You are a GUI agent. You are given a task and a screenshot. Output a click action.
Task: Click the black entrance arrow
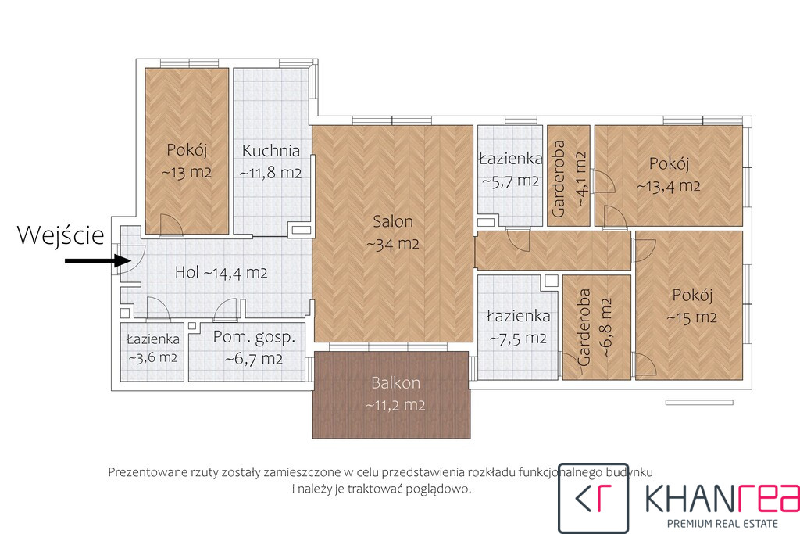[98, 261]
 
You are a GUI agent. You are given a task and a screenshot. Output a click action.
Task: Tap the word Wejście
[61, 235]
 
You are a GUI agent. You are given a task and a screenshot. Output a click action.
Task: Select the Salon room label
[393, 221]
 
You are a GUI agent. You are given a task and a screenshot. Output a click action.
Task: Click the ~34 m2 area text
[393, 245]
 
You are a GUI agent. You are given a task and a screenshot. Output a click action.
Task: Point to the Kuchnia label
[271, 151]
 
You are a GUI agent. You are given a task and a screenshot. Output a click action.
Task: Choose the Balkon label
[396, 383]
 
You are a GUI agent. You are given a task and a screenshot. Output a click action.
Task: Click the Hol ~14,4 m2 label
[221, 273]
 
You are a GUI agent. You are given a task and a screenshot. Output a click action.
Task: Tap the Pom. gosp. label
[254, 337]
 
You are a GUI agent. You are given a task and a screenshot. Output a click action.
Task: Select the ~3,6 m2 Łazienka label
[152, 348]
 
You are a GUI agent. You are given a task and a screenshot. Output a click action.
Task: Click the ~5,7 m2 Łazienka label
[510, 170]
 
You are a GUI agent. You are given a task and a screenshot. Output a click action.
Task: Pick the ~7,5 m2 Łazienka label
[519, 328]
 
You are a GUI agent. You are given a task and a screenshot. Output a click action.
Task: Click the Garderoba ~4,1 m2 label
[569, 179]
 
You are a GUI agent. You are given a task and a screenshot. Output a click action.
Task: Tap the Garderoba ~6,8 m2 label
[595, 328]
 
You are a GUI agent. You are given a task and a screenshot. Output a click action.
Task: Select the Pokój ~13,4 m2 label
[669, 175]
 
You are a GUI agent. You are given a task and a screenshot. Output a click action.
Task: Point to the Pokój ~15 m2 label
[692, 306]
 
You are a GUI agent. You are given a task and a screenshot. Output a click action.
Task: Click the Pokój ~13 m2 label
[186, 161]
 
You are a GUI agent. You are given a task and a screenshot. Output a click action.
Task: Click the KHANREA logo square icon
[594, 498]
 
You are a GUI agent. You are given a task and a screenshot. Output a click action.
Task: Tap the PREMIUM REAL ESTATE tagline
[723, 523]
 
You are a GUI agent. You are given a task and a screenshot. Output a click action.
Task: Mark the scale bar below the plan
[699, 403]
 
